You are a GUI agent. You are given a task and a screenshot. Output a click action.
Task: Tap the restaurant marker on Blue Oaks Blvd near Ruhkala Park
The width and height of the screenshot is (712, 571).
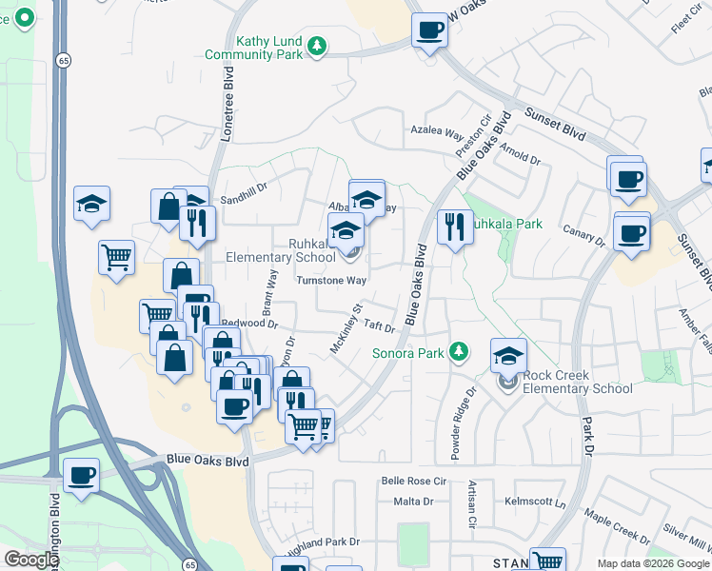(454, 226)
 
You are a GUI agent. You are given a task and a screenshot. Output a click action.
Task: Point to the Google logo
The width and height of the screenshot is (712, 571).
(31, 560)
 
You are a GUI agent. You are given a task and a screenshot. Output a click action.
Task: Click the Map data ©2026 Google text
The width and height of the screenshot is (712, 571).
(652, 563)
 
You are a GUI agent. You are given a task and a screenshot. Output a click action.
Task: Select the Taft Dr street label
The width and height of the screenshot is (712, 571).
(378, 325)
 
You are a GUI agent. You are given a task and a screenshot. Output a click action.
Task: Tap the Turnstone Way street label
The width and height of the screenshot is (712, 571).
(330, 281)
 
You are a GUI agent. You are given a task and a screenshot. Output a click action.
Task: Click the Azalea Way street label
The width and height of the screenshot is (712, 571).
(437, 135)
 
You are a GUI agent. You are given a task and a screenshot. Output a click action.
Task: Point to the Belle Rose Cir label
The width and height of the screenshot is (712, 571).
(413, 482)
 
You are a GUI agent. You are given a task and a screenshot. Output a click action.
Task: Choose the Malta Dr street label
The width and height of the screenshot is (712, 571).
(413, 502)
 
